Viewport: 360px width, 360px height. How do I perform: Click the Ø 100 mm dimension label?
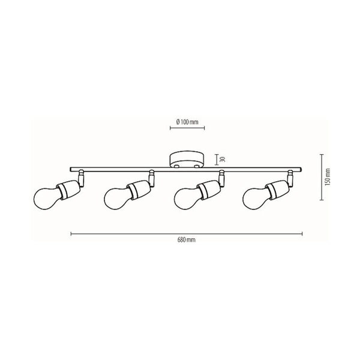pos(186,122)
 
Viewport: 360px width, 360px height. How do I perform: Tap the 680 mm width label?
pos(185,238)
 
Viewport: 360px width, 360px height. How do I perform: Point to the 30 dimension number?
pos(221,160)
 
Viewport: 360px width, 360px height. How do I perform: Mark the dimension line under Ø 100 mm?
pos(186,128)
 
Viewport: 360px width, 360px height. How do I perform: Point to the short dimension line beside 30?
pos(215,160)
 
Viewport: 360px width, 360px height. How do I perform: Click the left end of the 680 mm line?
pos(71,233)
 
